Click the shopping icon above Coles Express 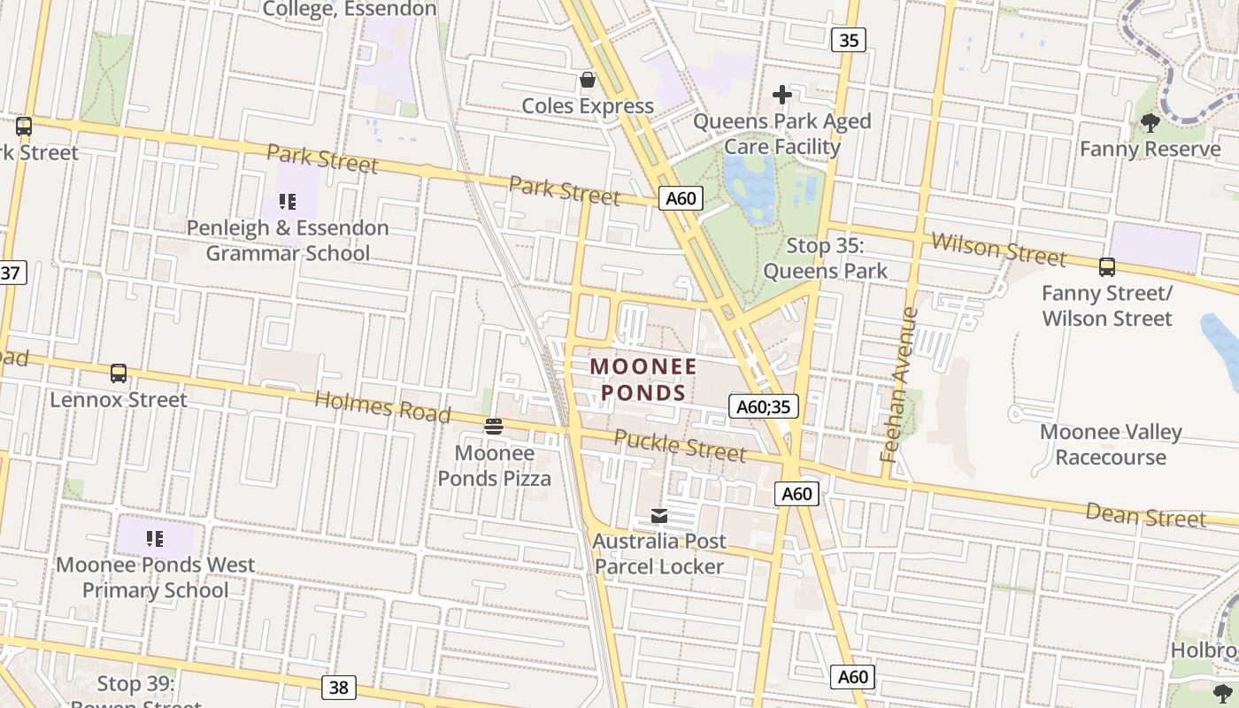587,81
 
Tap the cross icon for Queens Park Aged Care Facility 782,95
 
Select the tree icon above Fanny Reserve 1150,123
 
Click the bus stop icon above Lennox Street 119,373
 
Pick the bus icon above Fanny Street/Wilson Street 1106,266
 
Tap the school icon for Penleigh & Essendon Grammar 287,202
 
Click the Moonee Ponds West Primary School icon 155,538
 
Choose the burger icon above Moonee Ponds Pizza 494,427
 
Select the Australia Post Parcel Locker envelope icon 658,515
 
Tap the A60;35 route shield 764,406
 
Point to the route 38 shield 339,687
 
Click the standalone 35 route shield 848,40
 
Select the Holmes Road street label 382,407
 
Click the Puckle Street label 680,445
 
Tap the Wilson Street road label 998,250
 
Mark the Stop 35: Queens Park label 825,258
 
